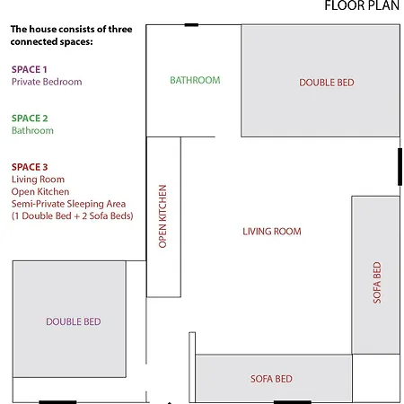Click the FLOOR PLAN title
click(x=362, y=5)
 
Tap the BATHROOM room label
click(x=195, y=80)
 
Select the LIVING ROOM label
click(x=272, y=232)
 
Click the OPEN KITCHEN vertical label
click(x=162, y=216)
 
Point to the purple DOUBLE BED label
click(x=74, y=321)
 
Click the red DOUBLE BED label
click(x=327, y=83)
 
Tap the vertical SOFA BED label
click(x=377, y=283)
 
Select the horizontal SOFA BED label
click(x=271, y=379)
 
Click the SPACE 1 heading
click(x=30, y=69)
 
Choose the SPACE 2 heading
click(x=30, y=119)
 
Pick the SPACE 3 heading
click(x=30, y=167)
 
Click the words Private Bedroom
click(x=47, y=82)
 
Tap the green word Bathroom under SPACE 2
click(x=32, y=130)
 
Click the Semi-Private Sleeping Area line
click(x=68, y=204)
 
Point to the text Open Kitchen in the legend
click(x=40, y=192)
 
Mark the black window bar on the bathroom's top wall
click(x=191, y=25)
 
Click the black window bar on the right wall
click(x=400, y=167)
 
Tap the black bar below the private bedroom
click(x=57, y=402)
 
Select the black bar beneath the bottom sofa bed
click(x=293, y=402)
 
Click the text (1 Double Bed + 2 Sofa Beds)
click(x=73, y=216)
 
